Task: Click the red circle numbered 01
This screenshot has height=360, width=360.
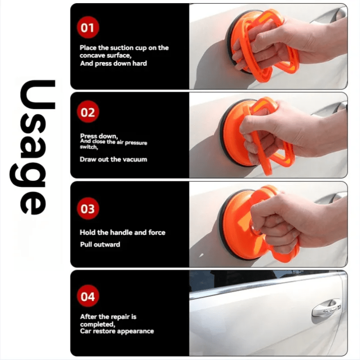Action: point(88,27)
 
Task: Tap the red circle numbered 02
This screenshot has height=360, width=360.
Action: point(88,112)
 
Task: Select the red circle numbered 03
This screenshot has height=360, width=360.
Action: point(88,208)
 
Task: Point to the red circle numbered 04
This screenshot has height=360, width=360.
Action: point(88,296)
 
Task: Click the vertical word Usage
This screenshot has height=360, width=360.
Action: point(33,147)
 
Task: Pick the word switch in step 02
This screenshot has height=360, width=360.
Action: point(89,147)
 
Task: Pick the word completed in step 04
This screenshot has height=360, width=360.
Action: point(98,324)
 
